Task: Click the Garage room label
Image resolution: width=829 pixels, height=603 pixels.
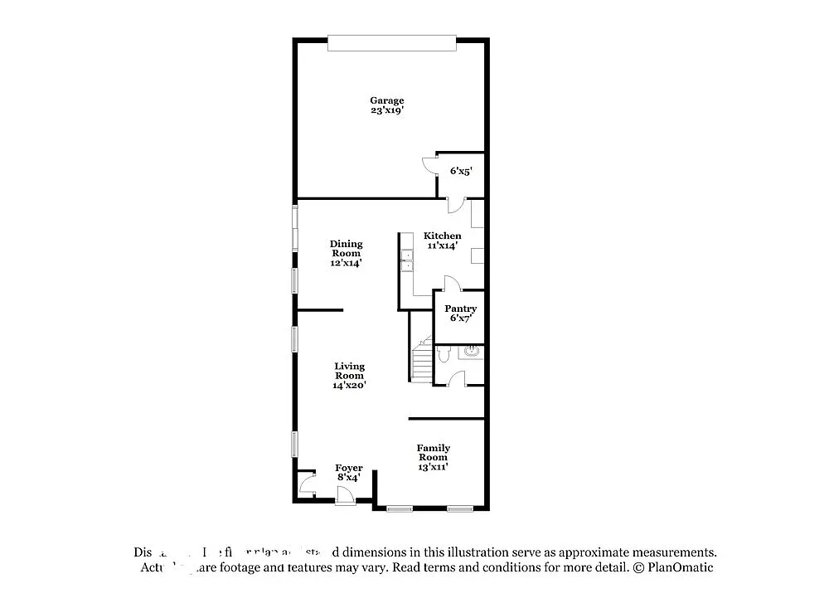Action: point(386,100)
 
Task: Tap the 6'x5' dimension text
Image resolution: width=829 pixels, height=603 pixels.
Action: point(461,171)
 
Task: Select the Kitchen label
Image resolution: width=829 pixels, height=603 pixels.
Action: point(442,236)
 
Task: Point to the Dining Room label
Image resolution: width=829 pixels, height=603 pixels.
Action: point(347,249)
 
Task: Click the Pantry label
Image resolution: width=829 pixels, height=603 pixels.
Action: point(460,309)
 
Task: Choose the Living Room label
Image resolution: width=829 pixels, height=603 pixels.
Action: point(349,371)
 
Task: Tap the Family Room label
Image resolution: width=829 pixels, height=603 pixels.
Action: point(433,453)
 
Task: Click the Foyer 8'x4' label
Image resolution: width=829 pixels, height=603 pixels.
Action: point(348,473)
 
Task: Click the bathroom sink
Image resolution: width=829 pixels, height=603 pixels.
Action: point(473,353)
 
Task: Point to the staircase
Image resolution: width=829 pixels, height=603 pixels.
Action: point(421,361)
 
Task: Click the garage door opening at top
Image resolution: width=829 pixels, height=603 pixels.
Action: point(391,43)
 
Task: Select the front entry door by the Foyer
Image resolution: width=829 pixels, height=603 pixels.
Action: point(345,496)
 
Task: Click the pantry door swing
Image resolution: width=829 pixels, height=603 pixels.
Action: point(452,284)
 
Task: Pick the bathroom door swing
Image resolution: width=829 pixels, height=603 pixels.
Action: point(455,379)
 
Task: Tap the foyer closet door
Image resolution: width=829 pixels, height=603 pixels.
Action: point(308,482)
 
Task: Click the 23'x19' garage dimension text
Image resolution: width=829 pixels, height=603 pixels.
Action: point(386,110)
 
